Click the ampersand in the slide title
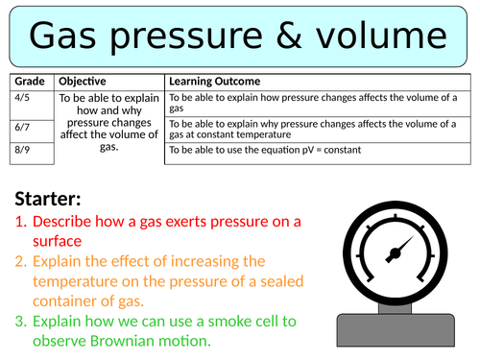click(289, 36)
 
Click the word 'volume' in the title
click(381, 35)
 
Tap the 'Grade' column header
click(30, 82)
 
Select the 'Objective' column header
click(83, 82)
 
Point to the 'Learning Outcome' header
click(215, 82)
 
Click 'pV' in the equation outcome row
click(308, 150)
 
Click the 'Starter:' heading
click(48, 199)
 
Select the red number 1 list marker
click(21, 222)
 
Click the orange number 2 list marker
click(21, 261)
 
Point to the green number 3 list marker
click(21, 322)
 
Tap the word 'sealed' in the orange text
click(281, 281)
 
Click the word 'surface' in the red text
click(57, 241)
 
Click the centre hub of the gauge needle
click(396, 253)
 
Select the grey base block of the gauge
click(396, 330)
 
